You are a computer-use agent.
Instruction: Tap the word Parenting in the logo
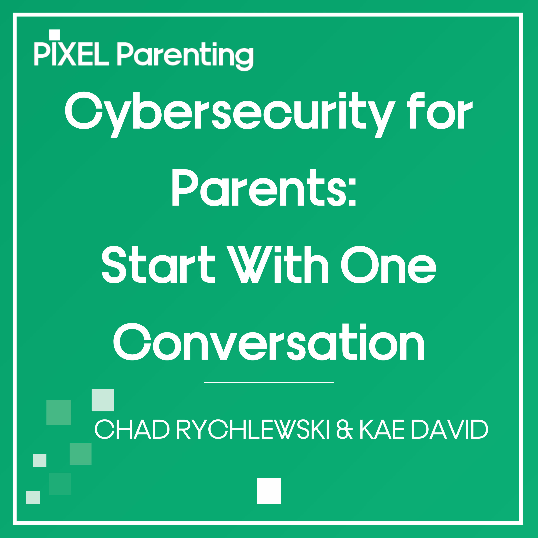pyautogui.click(x=185, y=56)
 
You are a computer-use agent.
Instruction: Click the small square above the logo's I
pyautogui.click(x=55, y=35)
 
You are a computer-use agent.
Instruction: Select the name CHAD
pyautogui.click(x=132, y=429)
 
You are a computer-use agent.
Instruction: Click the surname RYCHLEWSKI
pyautogui.click(x=253, y=429)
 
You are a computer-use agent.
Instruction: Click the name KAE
pyautogui.click(x=381, y=429)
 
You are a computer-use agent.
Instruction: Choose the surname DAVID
pyautogui.click(x=449, y=429)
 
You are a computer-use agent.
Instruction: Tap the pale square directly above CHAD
pyautogui.click(x=103, y=400)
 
